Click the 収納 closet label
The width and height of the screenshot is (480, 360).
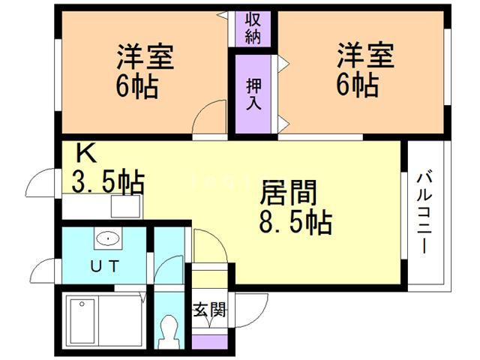tap(252, 28)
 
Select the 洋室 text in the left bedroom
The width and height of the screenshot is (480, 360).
tap(145, 57)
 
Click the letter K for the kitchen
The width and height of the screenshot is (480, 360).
tap(86, 155)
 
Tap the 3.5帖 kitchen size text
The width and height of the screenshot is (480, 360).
tap(108, 182)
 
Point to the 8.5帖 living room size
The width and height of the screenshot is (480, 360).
tap(295, 223)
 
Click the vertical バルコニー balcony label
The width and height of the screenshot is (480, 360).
tap(425, 213)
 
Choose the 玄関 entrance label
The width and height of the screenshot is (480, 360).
tap(209, 309)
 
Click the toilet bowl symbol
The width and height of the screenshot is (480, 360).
tap(169, 328)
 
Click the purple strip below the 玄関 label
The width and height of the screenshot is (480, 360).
tap(209, 342)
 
